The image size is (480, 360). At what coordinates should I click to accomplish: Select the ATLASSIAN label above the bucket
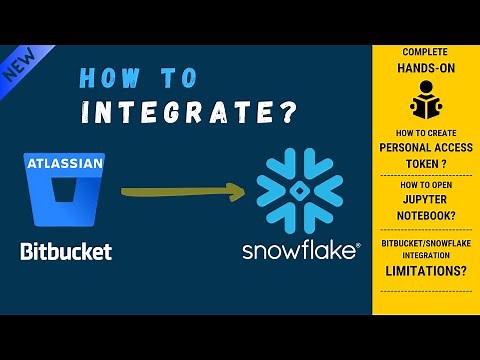[61, 161]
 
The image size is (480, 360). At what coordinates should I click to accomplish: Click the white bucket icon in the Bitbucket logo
[62, 201]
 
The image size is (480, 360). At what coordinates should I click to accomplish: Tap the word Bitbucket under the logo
[66, 250]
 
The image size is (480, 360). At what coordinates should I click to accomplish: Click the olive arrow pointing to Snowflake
[180, 188]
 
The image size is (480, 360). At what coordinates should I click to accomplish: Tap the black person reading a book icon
[424, 101]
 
